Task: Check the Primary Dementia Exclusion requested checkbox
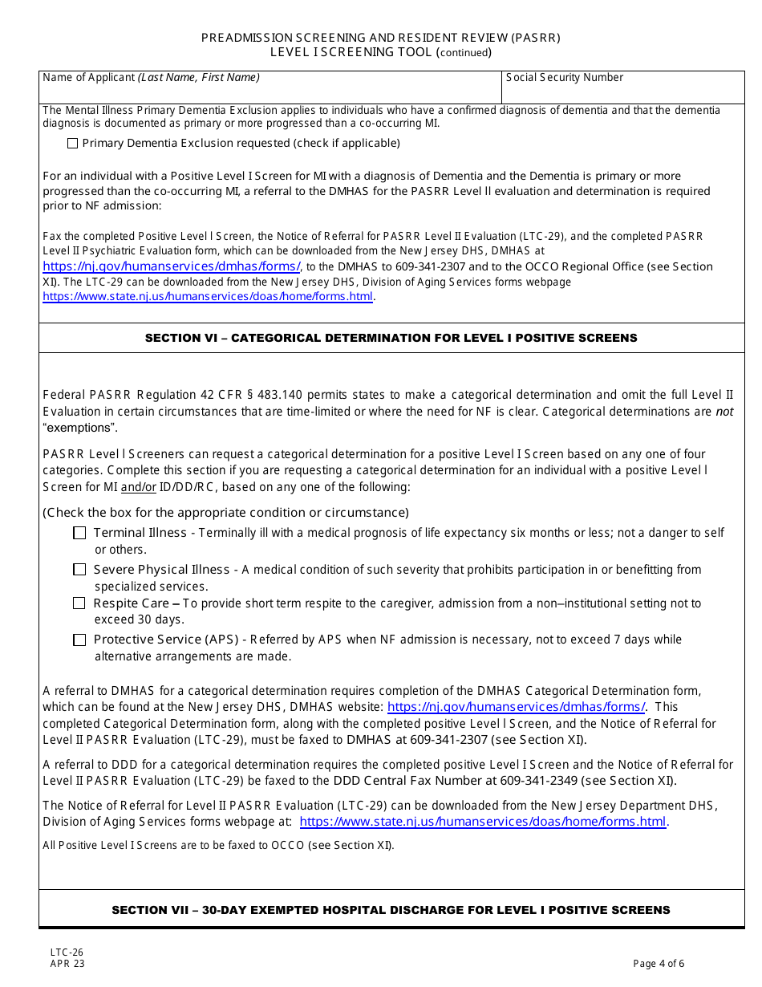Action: coord(73,144)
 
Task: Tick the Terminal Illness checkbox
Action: coord(79,533)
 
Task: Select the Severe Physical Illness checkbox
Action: coord(79,570)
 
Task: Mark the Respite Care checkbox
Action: coord(79,603)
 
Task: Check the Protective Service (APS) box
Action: coord(79,640)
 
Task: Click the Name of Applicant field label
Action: coord(151,78)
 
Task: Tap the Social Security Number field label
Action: coord(565,78)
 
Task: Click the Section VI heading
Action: coord(391,338)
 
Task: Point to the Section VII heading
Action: coord(391,910)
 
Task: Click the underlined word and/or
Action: coord(139,487)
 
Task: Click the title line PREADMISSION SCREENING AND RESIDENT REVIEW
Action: coord(380,38)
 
